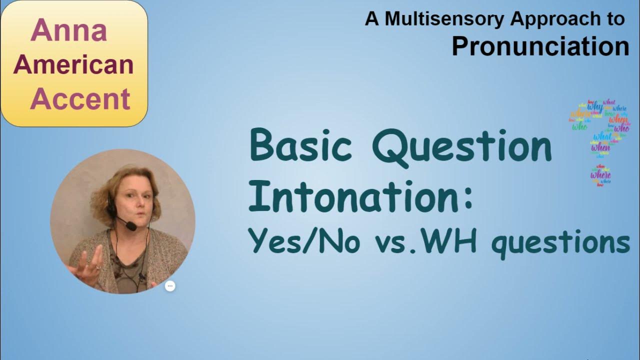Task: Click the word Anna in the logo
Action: point(69,30)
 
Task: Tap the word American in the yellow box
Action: point(73,64)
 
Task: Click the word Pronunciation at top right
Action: point(540,46)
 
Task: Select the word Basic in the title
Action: point(303,146)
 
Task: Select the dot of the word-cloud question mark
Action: point(600,175)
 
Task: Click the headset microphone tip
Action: point(131,226)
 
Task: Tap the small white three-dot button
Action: point(170,286)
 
